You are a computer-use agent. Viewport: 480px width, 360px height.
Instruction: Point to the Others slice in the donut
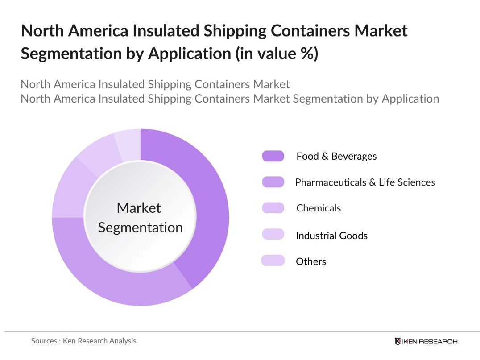[128, 139]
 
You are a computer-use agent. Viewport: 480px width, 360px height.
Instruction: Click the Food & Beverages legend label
[336, 156]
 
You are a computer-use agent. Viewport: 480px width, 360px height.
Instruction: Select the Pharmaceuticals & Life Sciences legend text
[365, 182]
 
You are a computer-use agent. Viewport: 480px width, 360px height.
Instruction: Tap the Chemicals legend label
[319, 208]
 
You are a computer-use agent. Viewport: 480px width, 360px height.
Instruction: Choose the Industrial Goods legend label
[331, 236]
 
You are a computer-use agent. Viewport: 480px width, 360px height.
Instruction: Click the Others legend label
[311, 261]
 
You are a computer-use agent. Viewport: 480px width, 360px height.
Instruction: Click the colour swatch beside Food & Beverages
[273, 156]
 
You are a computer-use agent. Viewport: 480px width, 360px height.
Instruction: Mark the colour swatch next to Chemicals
[273, 208]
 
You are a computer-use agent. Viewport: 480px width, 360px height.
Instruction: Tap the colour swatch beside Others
[273, 261]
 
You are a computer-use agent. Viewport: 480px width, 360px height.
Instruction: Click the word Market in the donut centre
[139, 208]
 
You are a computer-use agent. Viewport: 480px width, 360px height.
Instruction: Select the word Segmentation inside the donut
[141, 228]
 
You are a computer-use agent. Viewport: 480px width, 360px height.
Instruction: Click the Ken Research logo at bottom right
[426, 341]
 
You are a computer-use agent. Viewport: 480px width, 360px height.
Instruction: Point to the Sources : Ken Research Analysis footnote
[84, 341]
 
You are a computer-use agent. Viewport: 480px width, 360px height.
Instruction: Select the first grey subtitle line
[155, 84]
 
